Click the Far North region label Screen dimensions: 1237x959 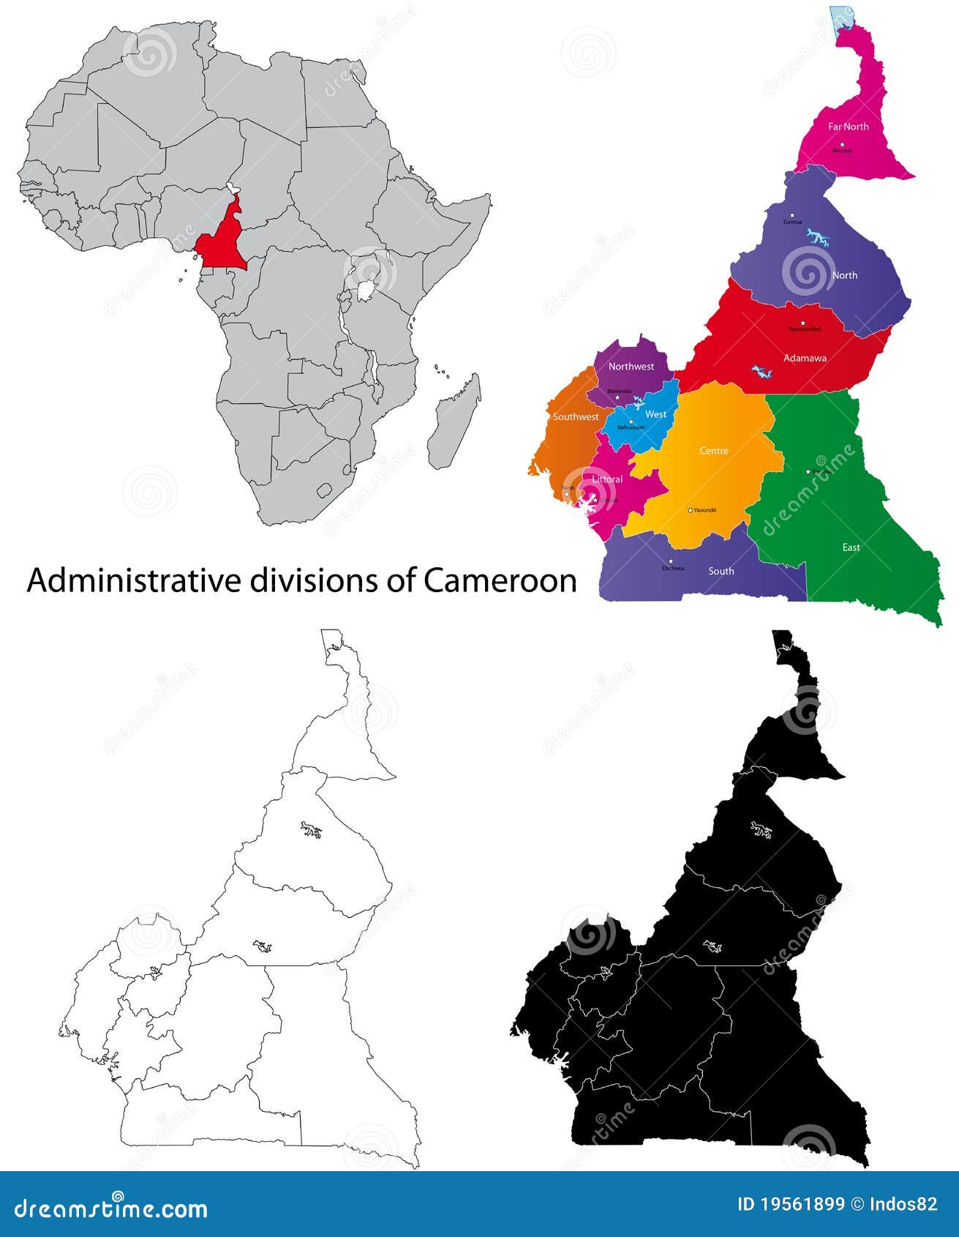pos(848,127)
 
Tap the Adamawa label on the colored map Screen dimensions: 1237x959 pos(805,358)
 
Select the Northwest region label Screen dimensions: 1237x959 pos(631,366)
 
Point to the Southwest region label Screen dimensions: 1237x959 pos(576,416)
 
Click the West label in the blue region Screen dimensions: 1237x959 pos(656,414)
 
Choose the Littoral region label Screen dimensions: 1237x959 pos(607,479)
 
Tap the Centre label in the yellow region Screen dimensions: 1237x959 pos(714,451)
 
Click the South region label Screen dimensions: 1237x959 pos(721,571)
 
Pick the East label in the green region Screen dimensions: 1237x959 pos(851,547)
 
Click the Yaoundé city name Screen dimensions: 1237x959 pos(705,509)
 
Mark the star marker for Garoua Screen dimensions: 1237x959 pos(791,215)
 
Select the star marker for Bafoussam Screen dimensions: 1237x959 pos(631,421)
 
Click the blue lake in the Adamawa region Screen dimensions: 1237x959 pos(763,372)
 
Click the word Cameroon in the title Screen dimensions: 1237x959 pos(500,580)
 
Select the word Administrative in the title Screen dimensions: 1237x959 pos(134,580)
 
